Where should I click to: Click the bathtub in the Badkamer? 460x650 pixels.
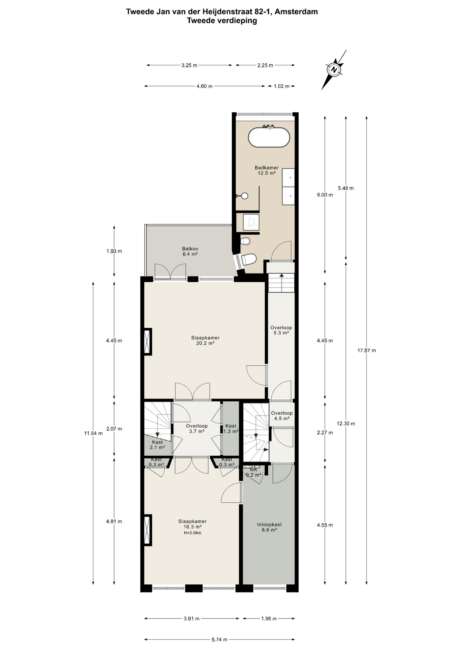(269, 137)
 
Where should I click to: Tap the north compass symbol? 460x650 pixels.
(334, 70)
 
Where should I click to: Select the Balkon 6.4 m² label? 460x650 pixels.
(190, 251)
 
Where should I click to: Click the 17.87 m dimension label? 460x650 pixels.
(367, 350)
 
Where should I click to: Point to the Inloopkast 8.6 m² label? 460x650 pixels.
(269, 527)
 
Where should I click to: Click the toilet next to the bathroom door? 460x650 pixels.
(249, 260)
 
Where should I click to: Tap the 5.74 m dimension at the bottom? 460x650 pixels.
(219, 640)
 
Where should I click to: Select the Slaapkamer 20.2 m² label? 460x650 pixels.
(205, 340)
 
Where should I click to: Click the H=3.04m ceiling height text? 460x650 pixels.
(192, 533)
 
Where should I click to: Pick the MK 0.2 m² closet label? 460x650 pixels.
(254, 472)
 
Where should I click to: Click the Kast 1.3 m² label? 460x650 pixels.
(231, 429)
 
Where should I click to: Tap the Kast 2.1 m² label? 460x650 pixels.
(157, 445)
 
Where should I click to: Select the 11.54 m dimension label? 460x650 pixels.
(93, 433)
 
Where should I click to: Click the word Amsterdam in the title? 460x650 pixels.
(296, 12)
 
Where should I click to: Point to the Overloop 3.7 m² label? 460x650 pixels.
(196, 429)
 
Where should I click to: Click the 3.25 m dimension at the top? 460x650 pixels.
(189, 65)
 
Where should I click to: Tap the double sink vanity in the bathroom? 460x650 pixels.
(288, 187)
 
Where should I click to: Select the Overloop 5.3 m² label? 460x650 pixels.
(281, 330)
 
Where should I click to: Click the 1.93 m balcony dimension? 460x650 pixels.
(114, 251)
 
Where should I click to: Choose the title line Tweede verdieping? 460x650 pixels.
(222, 21)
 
